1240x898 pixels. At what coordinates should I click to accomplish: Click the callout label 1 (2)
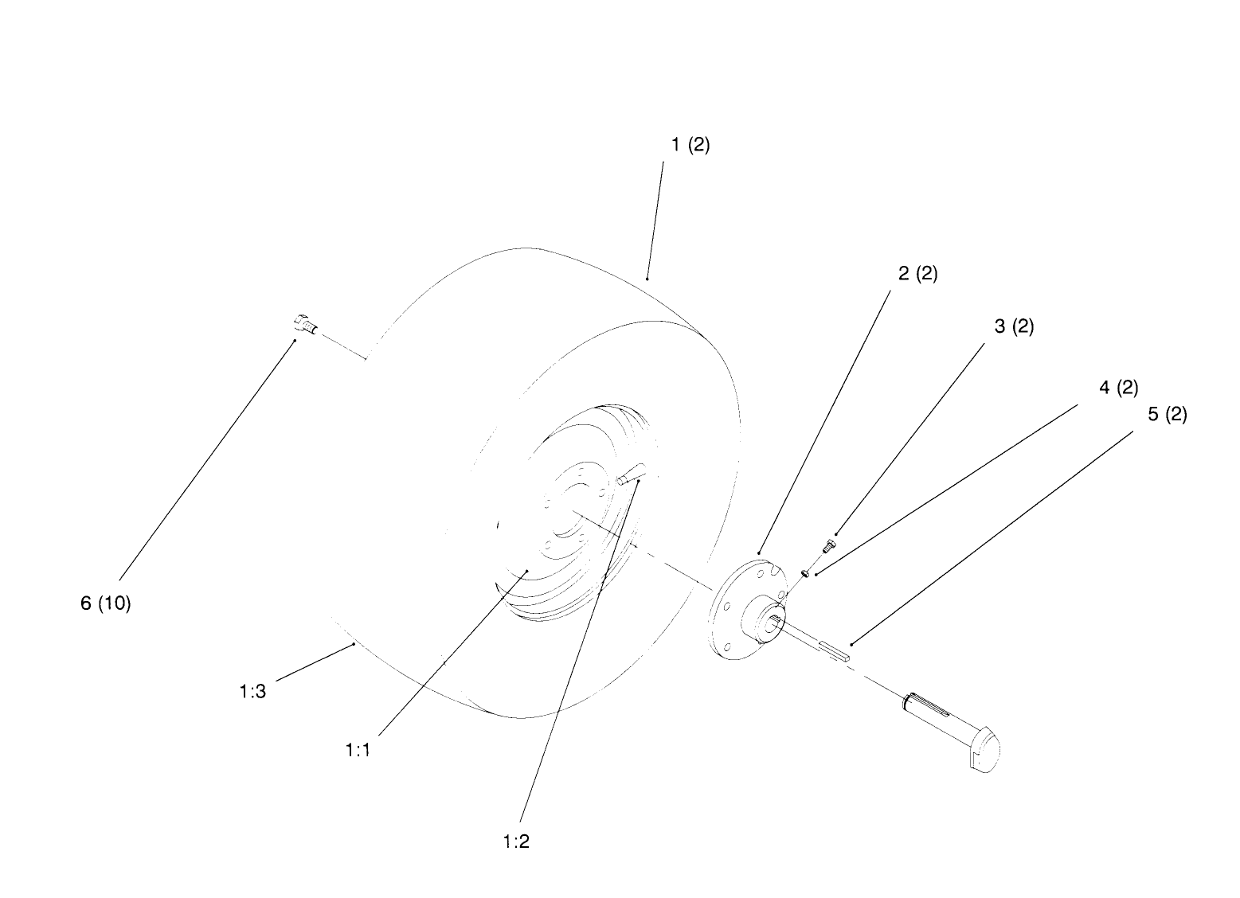690,145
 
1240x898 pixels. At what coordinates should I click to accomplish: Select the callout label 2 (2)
917,273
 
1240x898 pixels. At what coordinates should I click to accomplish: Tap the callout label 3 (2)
1014,326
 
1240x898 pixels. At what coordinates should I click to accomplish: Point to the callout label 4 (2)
1119,388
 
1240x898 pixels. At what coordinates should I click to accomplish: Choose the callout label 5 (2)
1168,415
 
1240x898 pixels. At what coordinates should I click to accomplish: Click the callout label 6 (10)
106,603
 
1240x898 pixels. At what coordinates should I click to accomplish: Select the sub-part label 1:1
358,750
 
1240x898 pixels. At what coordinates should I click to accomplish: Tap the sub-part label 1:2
516,841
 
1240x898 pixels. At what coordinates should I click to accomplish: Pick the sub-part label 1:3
252,691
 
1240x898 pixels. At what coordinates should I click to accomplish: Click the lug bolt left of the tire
306,325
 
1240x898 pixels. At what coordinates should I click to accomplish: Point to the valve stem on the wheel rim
630,474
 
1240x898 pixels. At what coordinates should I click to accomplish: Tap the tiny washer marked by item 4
806,572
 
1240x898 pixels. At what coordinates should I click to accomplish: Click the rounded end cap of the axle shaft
985,751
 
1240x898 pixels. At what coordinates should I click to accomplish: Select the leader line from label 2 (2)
825,422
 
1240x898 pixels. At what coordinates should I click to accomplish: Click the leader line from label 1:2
579,652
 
